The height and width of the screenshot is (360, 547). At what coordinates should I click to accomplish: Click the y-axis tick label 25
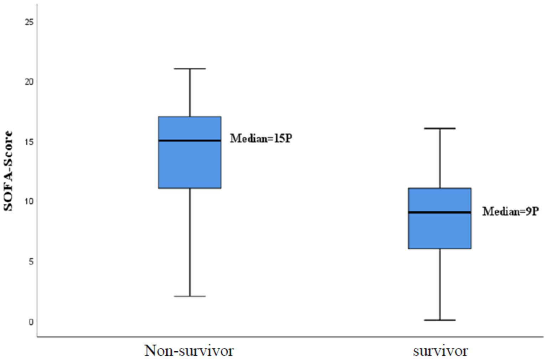point(29,22)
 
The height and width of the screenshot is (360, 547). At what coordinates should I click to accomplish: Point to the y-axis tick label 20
point(29,82)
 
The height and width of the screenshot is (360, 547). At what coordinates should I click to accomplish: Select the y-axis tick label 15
point(29,142)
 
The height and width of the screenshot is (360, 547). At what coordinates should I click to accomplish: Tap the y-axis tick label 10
point(29,202)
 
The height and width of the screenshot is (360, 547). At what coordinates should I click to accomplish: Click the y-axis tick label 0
point(31,322)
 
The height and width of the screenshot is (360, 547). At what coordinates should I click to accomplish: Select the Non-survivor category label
point(189,351)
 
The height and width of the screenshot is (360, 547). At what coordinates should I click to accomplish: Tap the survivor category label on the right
point(440,351)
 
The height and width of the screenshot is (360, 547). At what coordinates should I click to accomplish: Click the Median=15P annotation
point(261,139)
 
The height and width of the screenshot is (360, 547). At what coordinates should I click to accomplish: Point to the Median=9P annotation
point(510,212)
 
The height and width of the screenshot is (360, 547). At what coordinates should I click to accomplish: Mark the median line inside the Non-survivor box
point(190,141)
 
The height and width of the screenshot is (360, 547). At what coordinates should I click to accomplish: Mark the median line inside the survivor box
point(440,212)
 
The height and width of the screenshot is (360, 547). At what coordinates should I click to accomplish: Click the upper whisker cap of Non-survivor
point(190,69)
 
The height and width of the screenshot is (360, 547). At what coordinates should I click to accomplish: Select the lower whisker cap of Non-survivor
point(190,296)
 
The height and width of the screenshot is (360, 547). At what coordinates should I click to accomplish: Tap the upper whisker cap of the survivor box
point(440,128)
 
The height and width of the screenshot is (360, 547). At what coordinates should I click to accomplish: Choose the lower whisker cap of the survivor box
point(440,320)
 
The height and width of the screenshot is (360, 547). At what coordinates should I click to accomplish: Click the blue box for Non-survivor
point(190,164)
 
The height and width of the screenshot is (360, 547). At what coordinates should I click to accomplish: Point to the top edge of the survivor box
point(440,188)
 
